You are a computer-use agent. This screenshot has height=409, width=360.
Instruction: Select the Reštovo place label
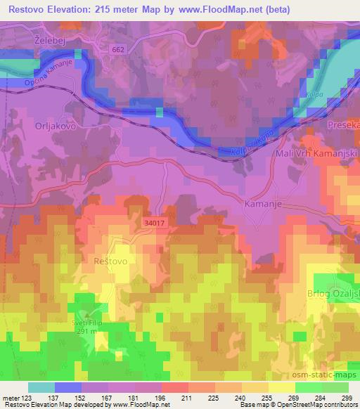(109, 261)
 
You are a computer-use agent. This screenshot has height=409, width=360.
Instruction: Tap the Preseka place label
(344, 124)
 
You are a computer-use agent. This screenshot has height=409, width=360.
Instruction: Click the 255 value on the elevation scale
(248, 398)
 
